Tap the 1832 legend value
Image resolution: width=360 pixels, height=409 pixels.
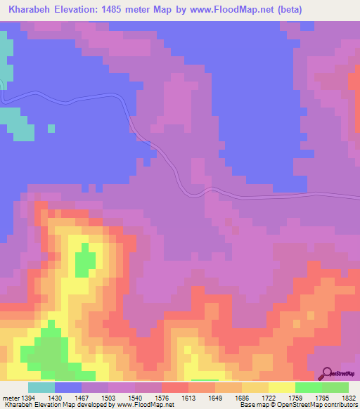[349, 398]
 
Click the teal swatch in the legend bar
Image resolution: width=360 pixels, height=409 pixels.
[41, 387]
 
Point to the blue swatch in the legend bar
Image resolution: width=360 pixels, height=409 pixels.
[68, 387]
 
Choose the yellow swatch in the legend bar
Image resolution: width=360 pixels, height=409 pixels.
[282, 387]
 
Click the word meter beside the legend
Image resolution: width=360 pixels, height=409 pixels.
[11, 398]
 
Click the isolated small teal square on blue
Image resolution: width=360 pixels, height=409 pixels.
[51, 128]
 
